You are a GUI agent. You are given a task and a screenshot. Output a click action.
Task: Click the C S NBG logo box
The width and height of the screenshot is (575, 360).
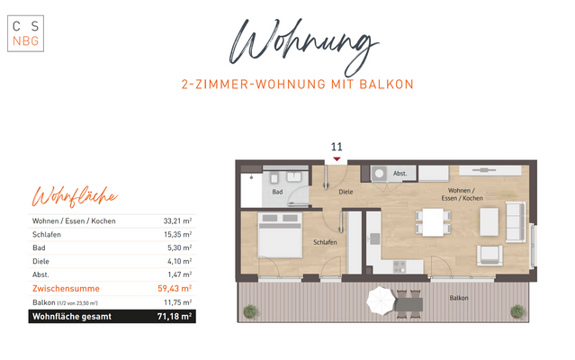24,32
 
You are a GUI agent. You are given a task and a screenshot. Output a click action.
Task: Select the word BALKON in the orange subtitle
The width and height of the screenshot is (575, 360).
389,85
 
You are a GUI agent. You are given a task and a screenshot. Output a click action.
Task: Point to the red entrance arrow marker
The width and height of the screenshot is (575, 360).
337,158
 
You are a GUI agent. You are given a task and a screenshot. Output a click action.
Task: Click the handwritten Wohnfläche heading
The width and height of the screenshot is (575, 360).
75,196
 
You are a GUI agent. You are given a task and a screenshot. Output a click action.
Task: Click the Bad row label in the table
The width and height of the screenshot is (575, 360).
38,247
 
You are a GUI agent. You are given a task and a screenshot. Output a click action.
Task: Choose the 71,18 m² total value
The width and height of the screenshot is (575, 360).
175,316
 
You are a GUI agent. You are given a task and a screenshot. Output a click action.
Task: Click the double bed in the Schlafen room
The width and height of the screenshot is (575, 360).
281,237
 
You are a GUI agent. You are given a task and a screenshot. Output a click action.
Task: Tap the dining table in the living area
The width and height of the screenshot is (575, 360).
436,221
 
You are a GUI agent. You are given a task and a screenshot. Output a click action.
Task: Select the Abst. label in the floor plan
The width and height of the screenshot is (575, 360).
400,173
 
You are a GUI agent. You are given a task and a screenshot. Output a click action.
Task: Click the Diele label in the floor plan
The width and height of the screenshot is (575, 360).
346,192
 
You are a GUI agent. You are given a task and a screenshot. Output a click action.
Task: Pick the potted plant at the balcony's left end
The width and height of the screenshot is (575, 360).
249,310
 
